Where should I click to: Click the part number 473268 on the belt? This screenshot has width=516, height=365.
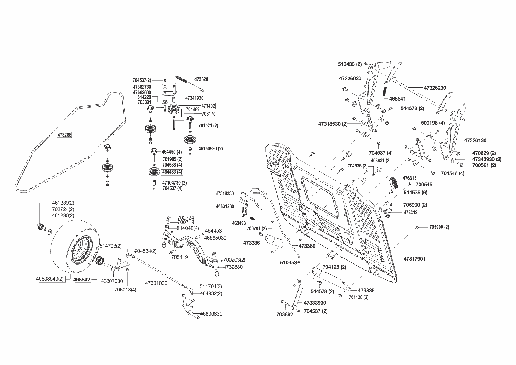click(64, 135)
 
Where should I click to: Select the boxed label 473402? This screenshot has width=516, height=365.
click(208, 106)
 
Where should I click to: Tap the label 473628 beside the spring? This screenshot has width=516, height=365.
click(201, 79)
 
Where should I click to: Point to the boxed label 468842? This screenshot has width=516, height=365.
click(82, 279)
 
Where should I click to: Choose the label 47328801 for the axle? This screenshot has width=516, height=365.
click(234, 267)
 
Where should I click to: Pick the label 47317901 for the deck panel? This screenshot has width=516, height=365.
click(414, 259)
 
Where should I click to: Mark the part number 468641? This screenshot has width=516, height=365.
click(397, 99)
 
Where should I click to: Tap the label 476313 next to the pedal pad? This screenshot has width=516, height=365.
click(410, 178)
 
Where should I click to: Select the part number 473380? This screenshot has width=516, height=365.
click(307, 246)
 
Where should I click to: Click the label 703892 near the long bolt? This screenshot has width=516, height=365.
click(285, 314)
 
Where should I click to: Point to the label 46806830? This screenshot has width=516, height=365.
click(211, 314)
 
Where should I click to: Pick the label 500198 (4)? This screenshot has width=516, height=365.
click(433, 123)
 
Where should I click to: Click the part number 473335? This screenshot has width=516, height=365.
click(367, 291)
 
